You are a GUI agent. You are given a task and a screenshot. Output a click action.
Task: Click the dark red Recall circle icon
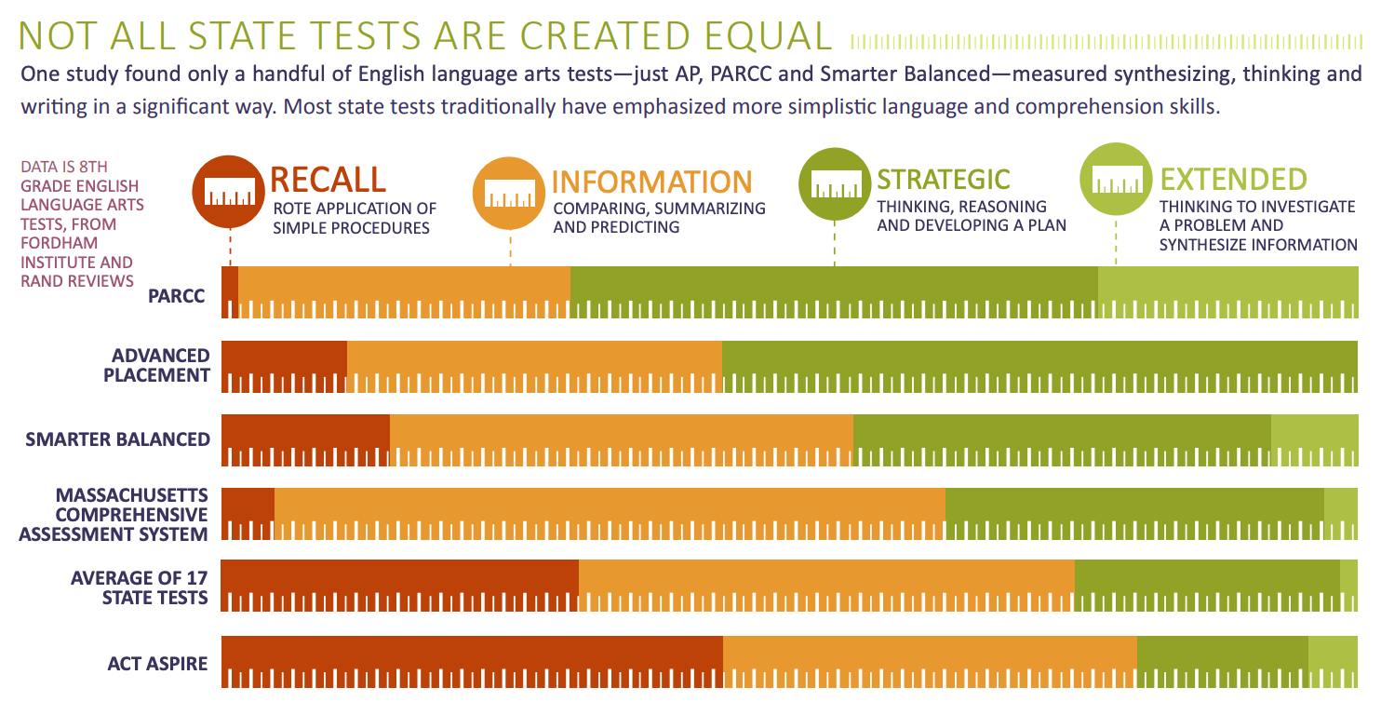click(229, 192)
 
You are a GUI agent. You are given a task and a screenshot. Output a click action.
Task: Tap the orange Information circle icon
click(509, 193)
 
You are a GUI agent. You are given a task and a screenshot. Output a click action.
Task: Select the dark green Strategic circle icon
click(835, 183)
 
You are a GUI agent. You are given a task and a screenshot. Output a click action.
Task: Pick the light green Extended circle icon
click(1116, 179)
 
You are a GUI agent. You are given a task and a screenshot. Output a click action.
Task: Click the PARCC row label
click(176, 296)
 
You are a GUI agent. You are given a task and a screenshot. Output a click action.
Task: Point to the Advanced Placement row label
click(156, 365)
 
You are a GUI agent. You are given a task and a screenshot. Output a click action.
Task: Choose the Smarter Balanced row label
click(118, 439)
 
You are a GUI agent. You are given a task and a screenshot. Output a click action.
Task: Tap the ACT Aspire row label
click(158, 663)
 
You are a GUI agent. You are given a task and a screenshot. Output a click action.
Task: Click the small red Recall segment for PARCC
click(230, 292)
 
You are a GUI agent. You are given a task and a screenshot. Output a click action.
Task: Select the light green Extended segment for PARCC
click(1228, 292)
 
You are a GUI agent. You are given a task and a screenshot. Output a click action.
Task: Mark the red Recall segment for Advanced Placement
click(284, 367)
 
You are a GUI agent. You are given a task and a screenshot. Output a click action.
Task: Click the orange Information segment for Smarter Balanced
click(622, 440)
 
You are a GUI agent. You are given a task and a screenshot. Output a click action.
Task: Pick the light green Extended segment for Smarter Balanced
click(1314, 440)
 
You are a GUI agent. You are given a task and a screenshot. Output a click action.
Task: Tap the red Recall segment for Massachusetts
click(248, 514)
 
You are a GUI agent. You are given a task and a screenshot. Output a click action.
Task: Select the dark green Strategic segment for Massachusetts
click(1134, 514)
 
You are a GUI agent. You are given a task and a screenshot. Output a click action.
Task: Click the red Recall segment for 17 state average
click(399, 586)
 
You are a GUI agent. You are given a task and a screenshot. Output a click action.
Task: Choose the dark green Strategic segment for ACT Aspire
click(1223, 662)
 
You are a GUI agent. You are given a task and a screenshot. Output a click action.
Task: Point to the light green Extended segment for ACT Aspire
click(1333, 662)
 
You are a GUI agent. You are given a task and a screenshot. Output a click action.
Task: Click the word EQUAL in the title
click(768, 35)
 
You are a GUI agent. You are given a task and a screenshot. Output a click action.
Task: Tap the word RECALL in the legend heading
click(328, 180)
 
